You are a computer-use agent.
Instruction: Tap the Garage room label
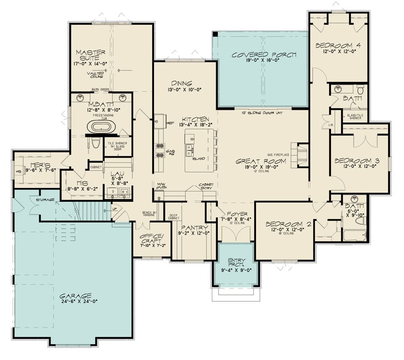point(75,296)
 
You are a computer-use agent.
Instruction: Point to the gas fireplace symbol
point(301,154)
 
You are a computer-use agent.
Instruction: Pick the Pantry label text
point(194,228)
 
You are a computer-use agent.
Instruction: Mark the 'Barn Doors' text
point(101,90)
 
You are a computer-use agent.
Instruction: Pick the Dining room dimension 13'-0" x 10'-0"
point(182,90)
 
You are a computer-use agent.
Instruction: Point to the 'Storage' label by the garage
point(44,200)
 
